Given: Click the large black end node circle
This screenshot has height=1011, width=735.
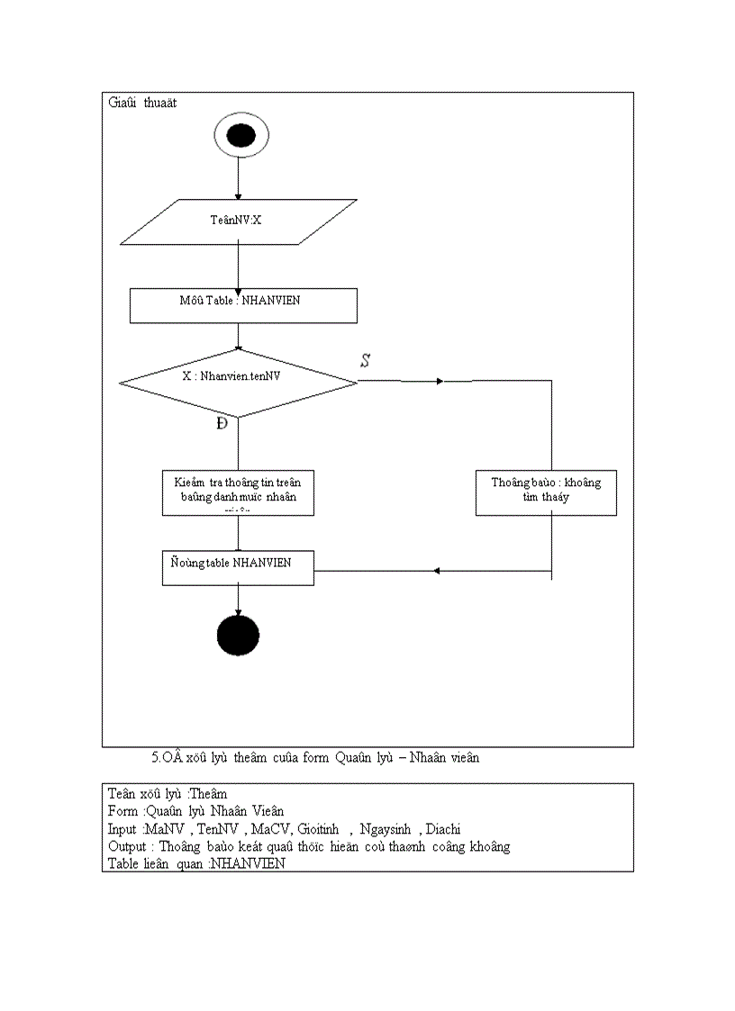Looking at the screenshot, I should coord(239,635).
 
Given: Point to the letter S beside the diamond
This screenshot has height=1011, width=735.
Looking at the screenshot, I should coord(366,361).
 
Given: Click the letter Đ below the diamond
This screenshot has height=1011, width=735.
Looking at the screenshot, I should coord(222,424).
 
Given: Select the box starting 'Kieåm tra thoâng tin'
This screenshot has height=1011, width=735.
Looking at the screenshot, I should coord(238,492).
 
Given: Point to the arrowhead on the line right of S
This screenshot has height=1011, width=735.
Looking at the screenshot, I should coord(440,382).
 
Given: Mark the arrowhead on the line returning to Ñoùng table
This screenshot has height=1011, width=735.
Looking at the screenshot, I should coord(436,571).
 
